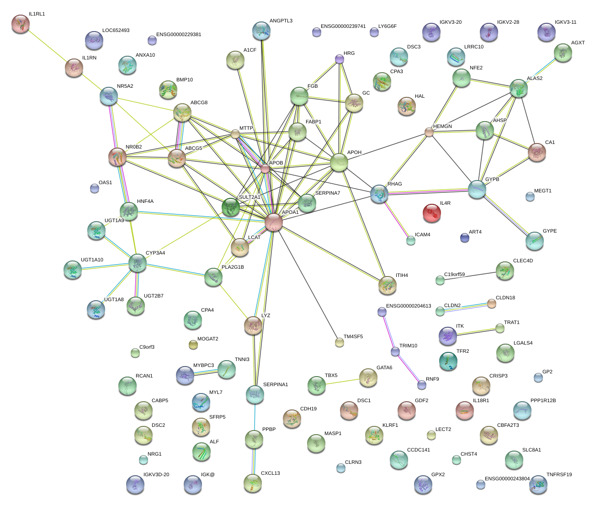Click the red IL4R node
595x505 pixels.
point(431,213)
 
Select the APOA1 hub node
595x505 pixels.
point(273,222)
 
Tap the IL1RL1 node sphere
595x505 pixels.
point(21,24)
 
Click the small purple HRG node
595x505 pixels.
point(340,59)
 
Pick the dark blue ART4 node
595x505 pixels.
point(465,238)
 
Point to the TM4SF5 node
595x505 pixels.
point(340,342)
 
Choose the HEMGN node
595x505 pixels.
point(429,132)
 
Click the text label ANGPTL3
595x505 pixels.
point(281,21)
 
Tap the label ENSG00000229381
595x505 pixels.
point(179,35)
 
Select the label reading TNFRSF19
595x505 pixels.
point(559,474)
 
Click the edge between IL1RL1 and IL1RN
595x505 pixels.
point(47,46)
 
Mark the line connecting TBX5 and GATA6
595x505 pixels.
point(342,382)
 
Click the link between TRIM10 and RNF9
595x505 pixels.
point(409,368)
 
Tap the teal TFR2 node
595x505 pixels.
point(448,361)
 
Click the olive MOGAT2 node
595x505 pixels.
point(193,345)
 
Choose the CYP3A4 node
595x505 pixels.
point(137,263)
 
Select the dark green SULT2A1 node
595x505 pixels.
point(231,207)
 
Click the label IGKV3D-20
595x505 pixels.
point(156,474)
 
